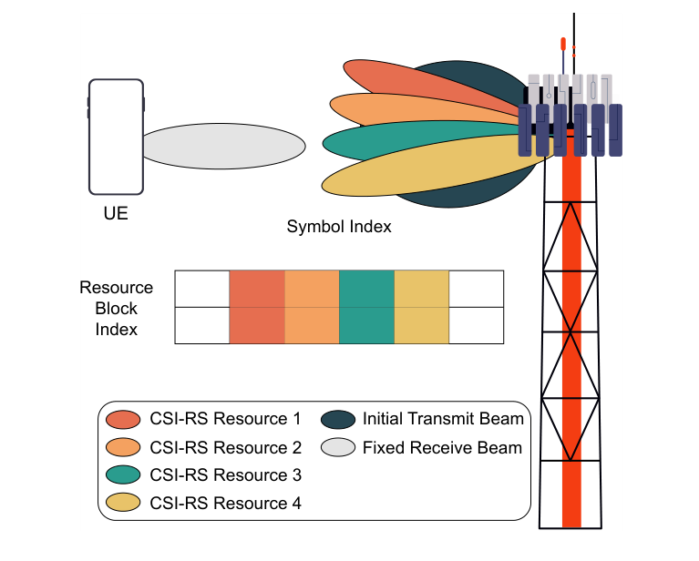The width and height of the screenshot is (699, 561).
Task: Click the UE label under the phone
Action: [x=116, y=216]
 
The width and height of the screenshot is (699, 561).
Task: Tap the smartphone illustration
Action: [x=116, y=137]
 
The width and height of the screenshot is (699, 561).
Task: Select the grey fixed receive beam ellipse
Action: [x=223, y=146]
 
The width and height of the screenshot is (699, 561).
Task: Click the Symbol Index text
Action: [x=339, y=227]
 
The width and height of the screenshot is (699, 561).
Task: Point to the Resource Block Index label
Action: [x=116, y=309]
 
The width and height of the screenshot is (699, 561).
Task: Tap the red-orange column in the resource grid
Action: [x=256, y=307]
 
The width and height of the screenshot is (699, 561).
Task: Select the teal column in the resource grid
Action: [x=366, y=307]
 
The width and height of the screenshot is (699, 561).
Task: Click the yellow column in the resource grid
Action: [x=422, y=307]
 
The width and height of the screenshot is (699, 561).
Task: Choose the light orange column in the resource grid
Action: [x=312, y=307]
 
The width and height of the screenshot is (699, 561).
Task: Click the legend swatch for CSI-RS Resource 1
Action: [x=123, y=420]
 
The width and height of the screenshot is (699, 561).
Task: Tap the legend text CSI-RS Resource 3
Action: [x=224, y=475]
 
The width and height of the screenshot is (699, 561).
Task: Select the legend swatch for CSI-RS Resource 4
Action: [x=123, y=503]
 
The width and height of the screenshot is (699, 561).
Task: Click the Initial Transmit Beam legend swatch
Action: [x=338, y=420]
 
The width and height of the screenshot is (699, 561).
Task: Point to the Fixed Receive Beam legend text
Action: [x=442, y=447]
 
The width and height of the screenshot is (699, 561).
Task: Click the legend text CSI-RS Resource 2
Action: [x=224, y=447]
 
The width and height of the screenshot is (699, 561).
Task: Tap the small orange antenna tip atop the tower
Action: [x=563, y=43]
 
